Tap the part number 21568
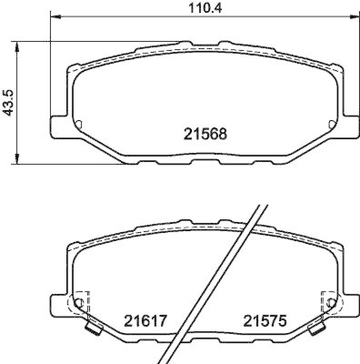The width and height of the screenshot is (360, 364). (x=205, y=134)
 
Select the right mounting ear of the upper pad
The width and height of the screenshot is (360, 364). (x=349, y=126)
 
